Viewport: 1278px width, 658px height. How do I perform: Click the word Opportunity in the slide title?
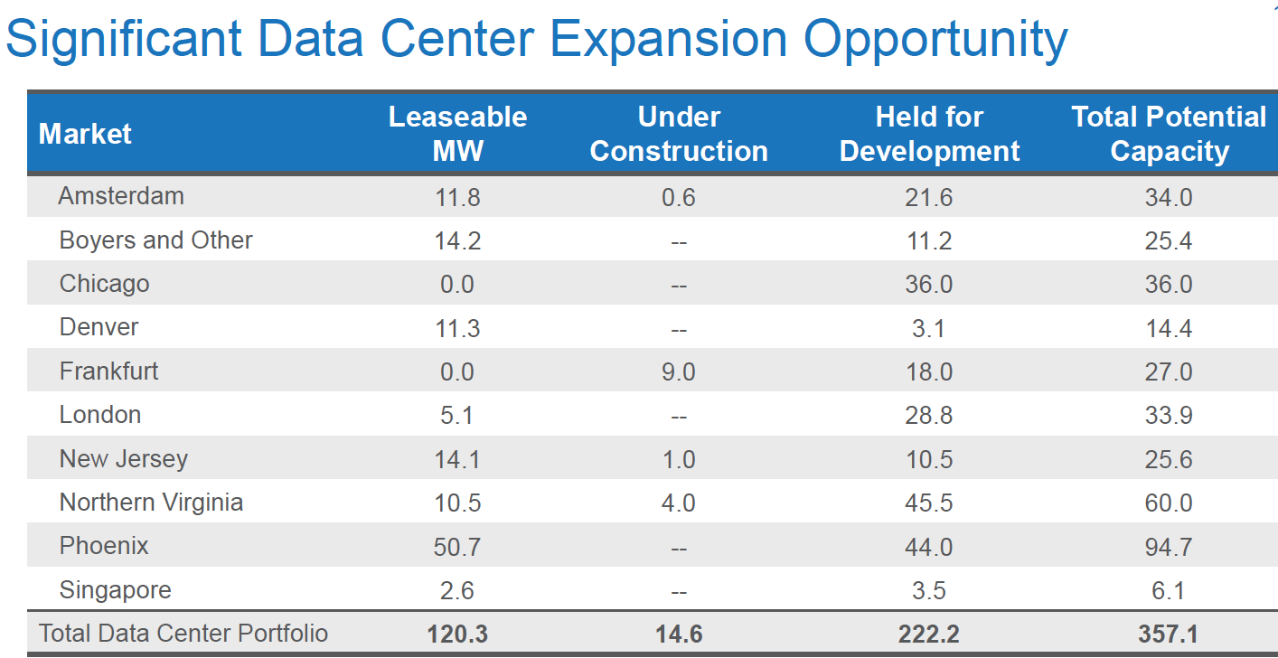(935, 40)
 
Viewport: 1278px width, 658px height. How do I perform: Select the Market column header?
(85, 134)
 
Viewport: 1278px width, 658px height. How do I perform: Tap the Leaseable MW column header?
(457, 134)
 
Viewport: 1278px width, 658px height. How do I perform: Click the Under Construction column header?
(678, 134)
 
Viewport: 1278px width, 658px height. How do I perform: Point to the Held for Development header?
(929, 134)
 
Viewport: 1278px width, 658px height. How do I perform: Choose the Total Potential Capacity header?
(1169, 134)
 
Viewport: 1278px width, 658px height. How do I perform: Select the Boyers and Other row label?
(155, 240)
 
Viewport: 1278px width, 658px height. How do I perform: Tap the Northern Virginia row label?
(151, 503)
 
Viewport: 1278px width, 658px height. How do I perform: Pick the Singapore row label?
(115, 590)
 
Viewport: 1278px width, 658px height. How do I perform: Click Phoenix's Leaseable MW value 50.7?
(457, 547)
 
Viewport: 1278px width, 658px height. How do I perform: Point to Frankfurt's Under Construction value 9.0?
(678, 371)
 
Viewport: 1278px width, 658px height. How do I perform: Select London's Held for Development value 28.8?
(929, 416)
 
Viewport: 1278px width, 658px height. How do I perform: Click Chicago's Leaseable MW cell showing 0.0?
(457, 285)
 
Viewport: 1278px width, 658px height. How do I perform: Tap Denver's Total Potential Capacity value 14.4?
(1169, 328)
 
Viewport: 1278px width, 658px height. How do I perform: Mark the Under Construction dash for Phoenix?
(679, 548)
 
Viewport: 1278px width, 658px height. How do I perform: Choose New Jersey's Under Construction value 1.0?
(678, 459)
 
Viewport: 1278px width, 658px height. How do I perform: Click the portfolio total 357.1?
(1169, 634)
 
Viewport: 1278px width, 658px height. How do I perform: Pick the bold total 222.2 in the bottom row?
(929, 634)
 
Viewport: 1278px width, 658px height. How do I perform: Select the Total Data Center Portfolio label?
(183, 633)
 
